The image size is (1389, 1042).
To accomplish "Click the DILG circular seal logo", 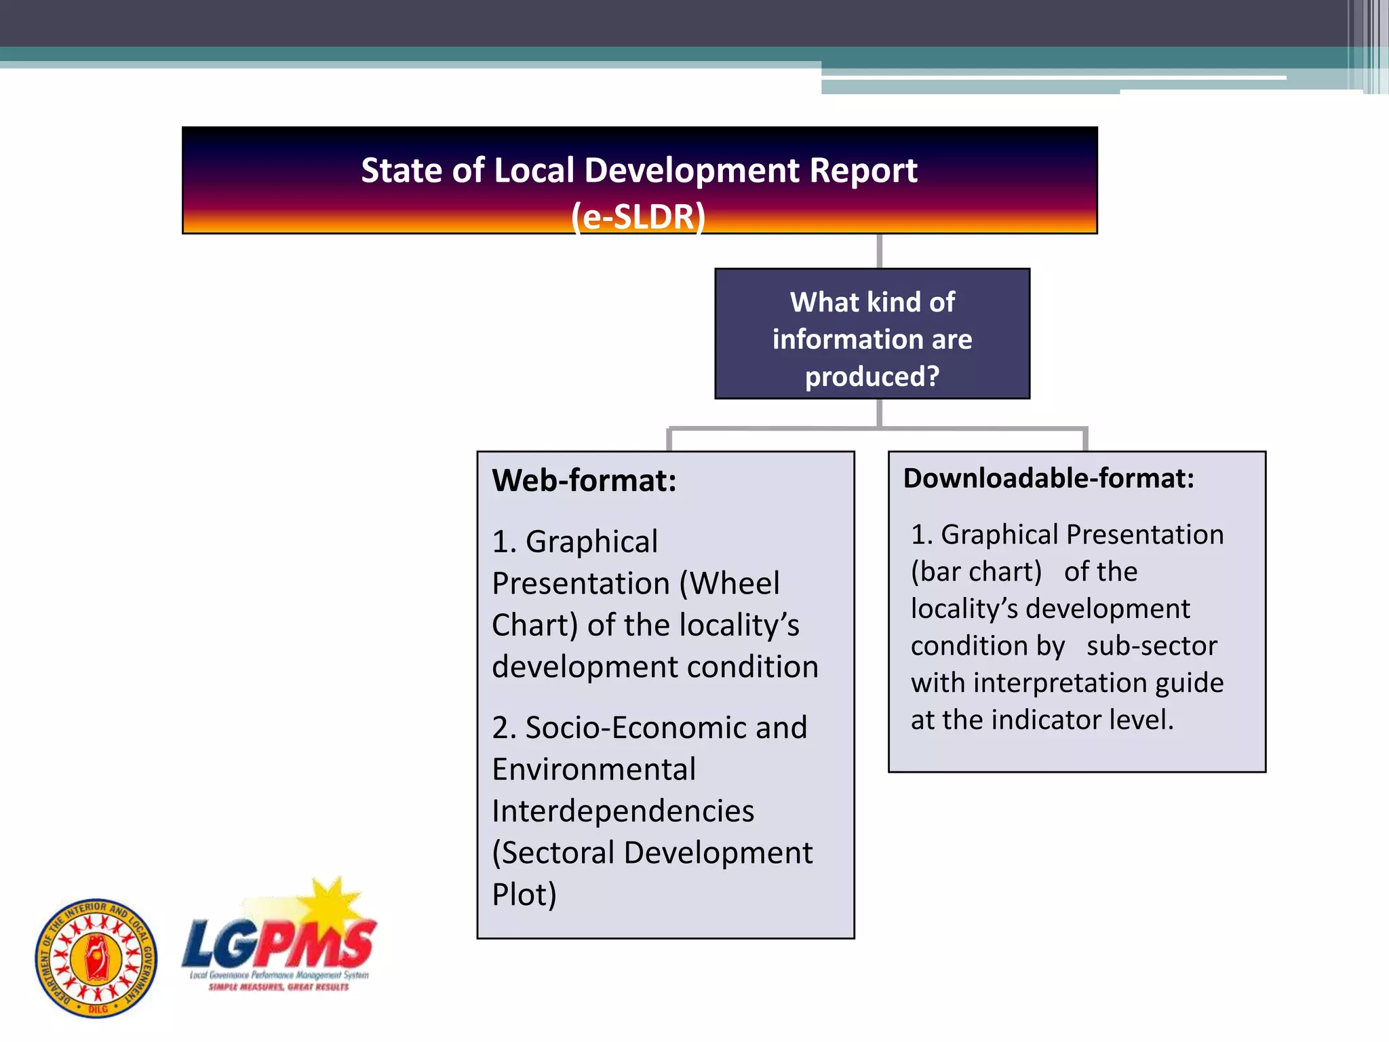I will click(96, 958).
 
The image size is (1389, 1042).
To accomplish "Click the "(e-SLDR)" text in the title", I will click(638, 217).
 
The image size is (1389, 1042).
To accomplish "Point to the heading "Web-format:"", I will click(584, 480).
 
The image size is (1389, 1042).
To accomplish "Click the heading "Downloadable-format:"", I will click(1049, 478).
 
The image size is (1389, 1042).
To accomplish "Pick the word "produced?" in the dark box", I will click(872, 377).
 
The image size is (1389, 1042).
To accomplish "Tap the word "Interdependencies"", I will click(623, 811).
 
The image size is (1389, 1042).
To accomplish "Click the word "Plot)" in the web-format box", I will click(524, 895).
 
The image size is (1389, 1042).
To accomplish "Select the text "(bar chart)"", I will click(976, 572).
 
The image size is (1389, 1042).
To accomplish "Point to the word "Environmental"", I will click(593, 769).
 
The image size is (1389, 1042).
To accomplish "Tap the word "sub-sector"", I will click(1152, 646).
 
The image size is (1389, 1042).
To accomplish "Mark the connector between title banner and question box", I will click(879, 251).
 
